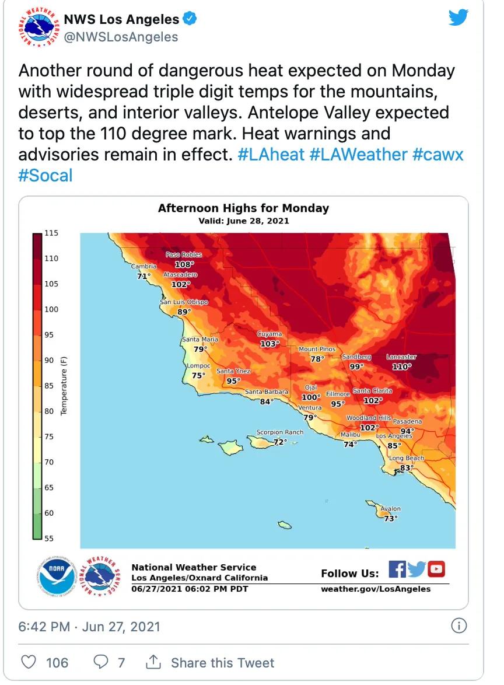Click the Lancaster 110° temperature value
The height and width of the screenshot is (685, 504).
point(401,366)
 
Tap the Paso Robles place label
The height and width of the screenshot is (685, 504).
point(184,254)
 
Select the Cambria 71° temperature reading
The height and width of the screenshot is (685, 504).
point(143,275)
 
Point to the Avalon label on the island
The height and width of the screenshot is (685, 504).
point(390,509)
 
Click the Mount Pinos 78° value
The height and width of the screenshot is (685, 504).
point(317,359)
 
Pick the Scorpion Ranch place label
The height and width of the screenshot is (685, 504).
point(280,432)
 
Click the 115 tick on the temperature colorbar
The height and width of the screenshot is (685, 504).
point(51,233)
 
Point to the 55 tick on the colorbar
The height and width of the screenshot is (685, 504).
point(49,539)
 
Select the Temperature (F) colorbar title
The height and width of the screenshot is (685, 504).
point(64,385)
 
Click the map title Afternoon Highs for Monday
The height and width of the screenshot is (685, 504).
point(243,208)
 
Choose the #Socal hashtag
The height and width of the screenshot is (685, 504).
point(45,175)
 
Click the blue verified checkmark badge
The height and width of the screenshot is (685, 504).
point(190,19)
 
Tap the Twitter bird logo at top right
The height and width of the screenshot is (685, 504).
point(459,18)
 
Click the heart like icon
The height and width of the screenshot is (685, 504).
point(27,662)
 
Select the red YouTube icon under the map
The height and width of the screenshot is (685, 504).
point(436,569)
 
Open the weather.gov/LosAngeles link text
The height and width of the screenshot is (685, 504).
point(376,589)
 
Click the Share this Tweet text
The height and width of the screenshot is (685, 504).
point(222,663)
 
